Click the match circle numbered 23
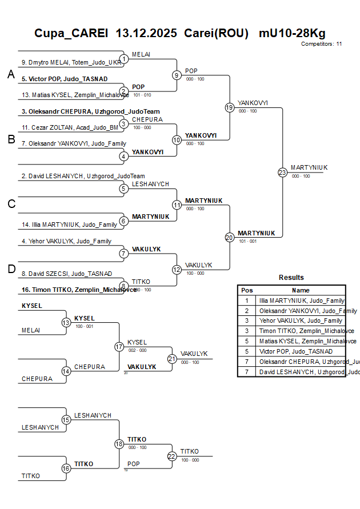pos(282,173)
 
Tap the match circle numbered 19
pos(229,107)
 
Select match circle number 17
pos(119,347)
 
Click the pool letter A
pos(11,74)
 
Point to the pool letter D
pos(11,270)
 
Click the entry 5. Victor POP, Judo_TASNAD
pos(64,79)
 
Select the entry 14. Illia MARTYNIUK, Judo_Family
pos(69,225)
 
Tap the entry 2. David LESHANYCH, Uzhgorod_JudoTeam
pos(83,176)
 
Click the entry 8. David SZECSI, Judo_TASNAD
pos(66,274)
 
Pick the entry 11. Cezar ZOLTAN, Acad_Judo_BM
pos(70,127)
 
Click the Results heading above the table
pos(291,278)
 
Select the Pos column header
pos(247,290)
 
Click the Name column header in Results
pos(301,290)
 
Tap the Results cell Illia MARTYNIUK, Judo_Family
pos(302,300)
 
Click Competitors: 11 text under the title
pos(321,43)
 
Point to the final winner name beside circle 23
pos(309,167)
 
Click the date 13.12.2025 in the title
pos(147,33)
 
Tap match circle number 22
pos(172,456)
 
